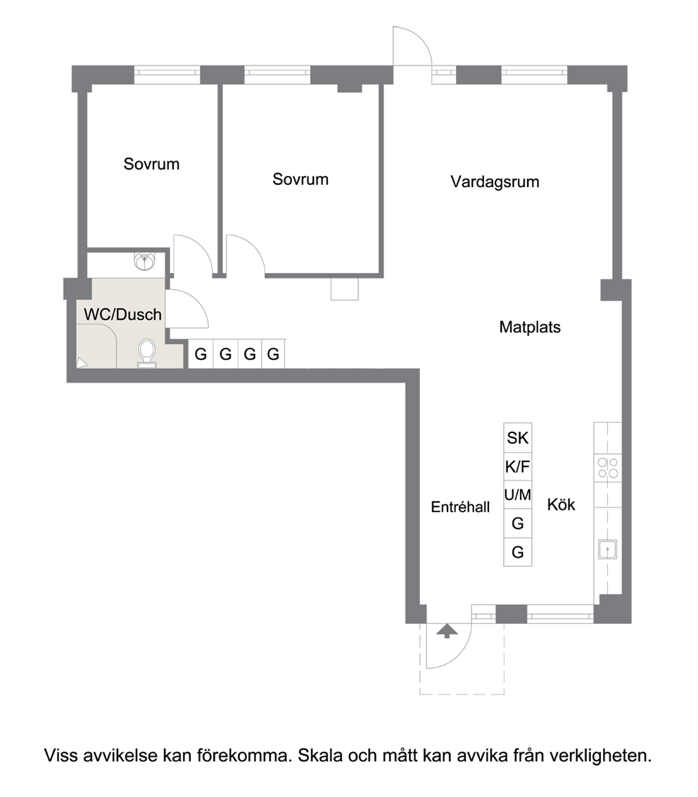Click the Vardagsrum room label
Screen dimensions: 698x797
point(495,182)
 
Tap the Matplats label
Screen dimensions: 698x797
point(530,327)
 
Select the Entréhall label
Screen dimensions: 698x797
point(460,506)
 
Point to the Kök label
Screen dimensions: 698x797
point(561,505)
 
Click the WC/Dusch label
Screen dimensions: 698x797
point(122,314)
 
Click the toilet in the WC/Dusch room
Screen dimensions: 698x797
point(147,352)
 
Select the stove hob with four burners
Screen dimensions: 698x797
point(607,468)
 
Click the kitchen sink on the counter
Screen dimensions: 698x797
point(607,549)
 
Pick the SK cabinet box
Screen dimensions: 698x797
point(518,438)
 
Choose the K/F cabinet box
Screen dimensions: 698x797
point(518,466)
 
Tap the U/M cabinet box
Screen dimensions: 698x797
point(518,495)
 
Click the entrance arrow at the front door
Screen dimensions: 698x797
point(446,631)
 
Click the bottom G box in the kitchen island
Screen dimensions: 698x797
point(518,552)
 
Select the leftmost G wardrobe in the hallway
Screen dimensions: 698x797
point(201,354)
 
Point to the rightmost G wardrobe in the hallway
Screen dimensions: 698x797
point(274,354)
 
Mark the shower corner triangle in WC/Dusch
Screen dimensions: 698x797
point(81,363)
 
